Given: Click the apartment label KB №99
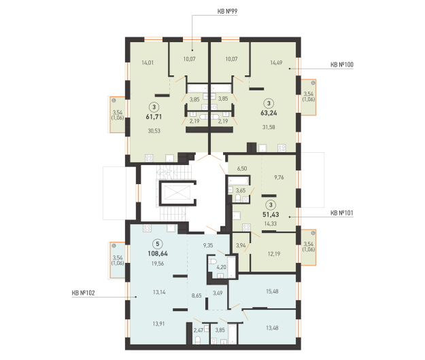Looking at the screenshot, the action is pyautogui.click(x=227, y=12).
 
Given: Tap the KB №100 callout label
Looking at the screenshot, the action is pyautogui.click(x=342, y=65).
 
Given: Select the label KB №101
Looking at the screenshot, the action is pyautogui.click(x=342, y=213).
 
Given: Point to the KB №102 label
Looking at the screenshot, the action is pyautogui.click(x=83, y=293).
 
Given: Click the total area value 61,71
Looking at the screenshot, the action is pyautogui.click(x=154, y=117).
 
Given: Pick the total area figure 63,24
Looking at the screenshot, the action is pyautogui.click(x=269, y=113).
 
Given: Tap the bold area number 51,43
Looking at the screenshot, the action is pyautogui.click(x=271, y=215).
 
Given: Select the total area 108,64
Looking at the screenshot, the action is pyautogui.click(x=158, y=253).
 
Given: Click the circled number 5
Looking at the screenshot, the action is pyautogui.click(x=158, y=244).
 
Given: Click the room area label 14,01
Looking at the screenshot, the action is pyautogui.click(x=148, y=62).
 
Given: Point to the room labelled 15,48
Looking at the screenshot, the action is pyautogui.click(x=272, y=291).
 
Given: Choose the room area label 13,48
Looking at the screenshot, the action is pyautogui.click(x=272, y=328).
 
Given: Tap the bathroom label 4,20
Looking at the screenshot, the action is pyautogui.click(x=221, y=267).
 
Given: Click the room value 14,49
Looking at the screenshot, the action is pyautogui.click(x=276, y=62).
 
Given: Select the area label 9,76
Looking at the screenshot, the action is pyautogui.click(x=279, y=177).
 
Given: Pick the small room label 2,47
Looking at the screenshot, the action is pyautogui.click(x=199, y=330).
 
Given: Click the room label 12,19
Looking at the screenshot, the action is pyautogui.click(x=274, y=254).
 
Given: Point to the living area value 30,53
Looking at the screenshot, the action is pyautogui.click(x=154, y=131).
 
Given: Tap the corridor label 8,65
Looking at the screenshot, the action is pyautogui.click(x=197, y=295).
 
